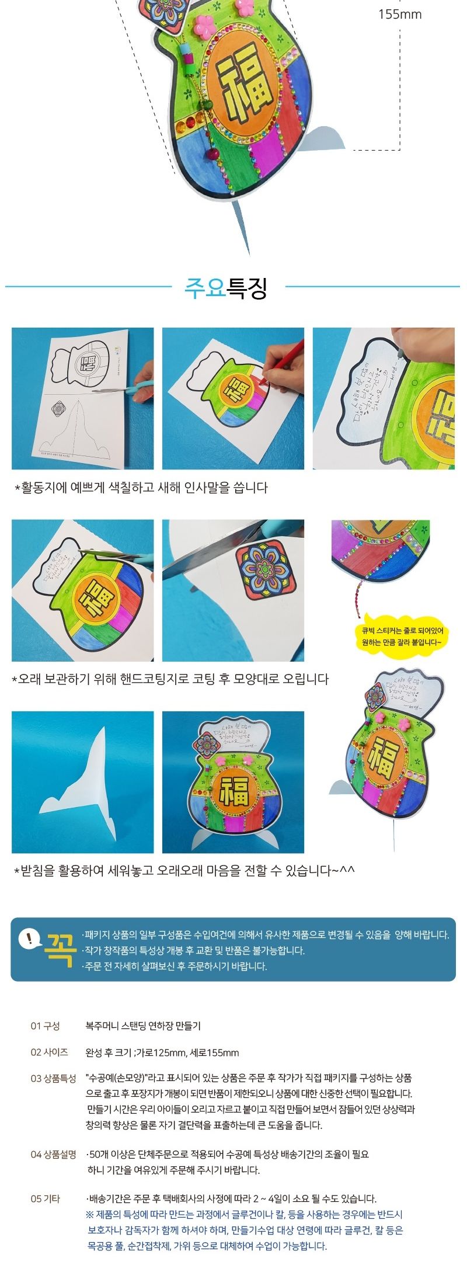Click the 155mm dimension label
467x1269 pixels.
400,14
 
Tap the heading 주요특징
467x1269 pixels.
226,288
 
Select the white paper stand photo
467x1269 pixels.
83,782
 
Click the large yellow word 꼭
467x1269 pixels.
60,949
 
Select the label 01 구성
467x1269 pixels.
46,1025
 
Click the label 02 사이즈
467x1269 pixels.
50,1052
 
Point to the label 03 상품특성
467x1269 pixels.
54,1078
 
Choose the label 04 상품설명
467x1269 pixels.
54,1154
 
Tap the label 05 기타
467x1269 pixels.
46,1198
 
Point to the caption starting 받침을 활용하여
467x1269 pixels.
184,871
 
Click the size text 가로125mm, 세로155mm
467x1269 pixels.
188,1052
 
